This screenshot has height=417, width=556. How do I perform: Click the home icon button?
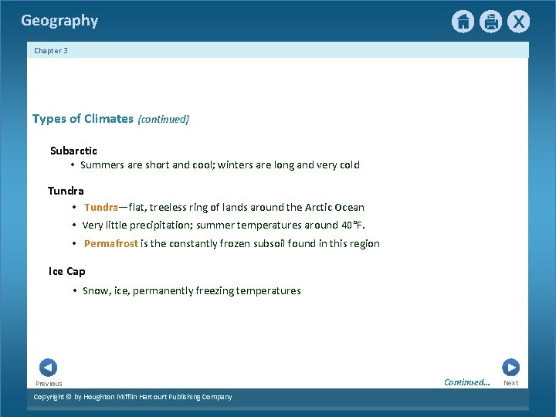click(463, 22)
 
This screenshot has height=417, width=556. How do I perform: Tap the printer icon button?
click(490, 22)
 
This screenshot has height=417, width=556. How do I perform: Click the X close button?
click(518, 22)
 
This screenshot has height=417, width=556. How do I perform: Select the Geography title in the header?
click(59, 21)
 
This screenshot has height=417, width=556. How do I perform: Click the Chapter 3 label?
click(51, 51)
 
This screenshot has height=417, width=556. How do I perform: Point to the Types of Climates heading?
click(83, 119)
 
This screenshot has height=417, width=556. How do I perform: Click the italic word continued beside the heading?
click(163, 120)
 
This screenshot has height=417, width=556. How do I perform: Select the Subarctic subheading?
click(73, 151)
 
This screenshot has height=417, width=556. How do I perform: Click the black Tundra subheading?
click(66, 191)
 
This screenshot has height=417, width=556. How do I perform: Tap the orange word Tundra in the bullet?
click(100, 207)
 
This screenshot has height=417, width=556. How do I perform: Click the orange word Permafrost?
click(110, 243)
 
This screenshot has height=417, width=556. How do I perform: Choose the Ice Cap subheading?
click(67, 271)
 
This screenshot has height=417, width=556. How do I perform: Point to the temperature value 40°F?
click(351, 225)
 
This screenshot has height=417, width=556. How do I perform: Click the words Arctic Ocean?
click(334, 207)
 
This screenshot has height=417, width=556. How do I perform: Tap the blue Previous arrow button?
click(48, 368)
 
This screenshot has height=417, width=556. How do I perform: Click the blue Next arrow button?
click(510, 368)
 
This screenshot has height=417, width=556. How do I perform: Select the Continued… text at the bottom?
click(466, 382)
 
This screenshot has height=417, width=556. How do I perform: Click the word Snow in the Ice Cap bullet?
click(96, 291)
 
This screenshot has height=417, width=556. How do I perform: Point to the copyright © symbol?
click(68, 397)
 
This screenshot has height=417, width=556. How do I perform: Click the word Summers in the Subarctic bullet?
click(102, 164)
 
